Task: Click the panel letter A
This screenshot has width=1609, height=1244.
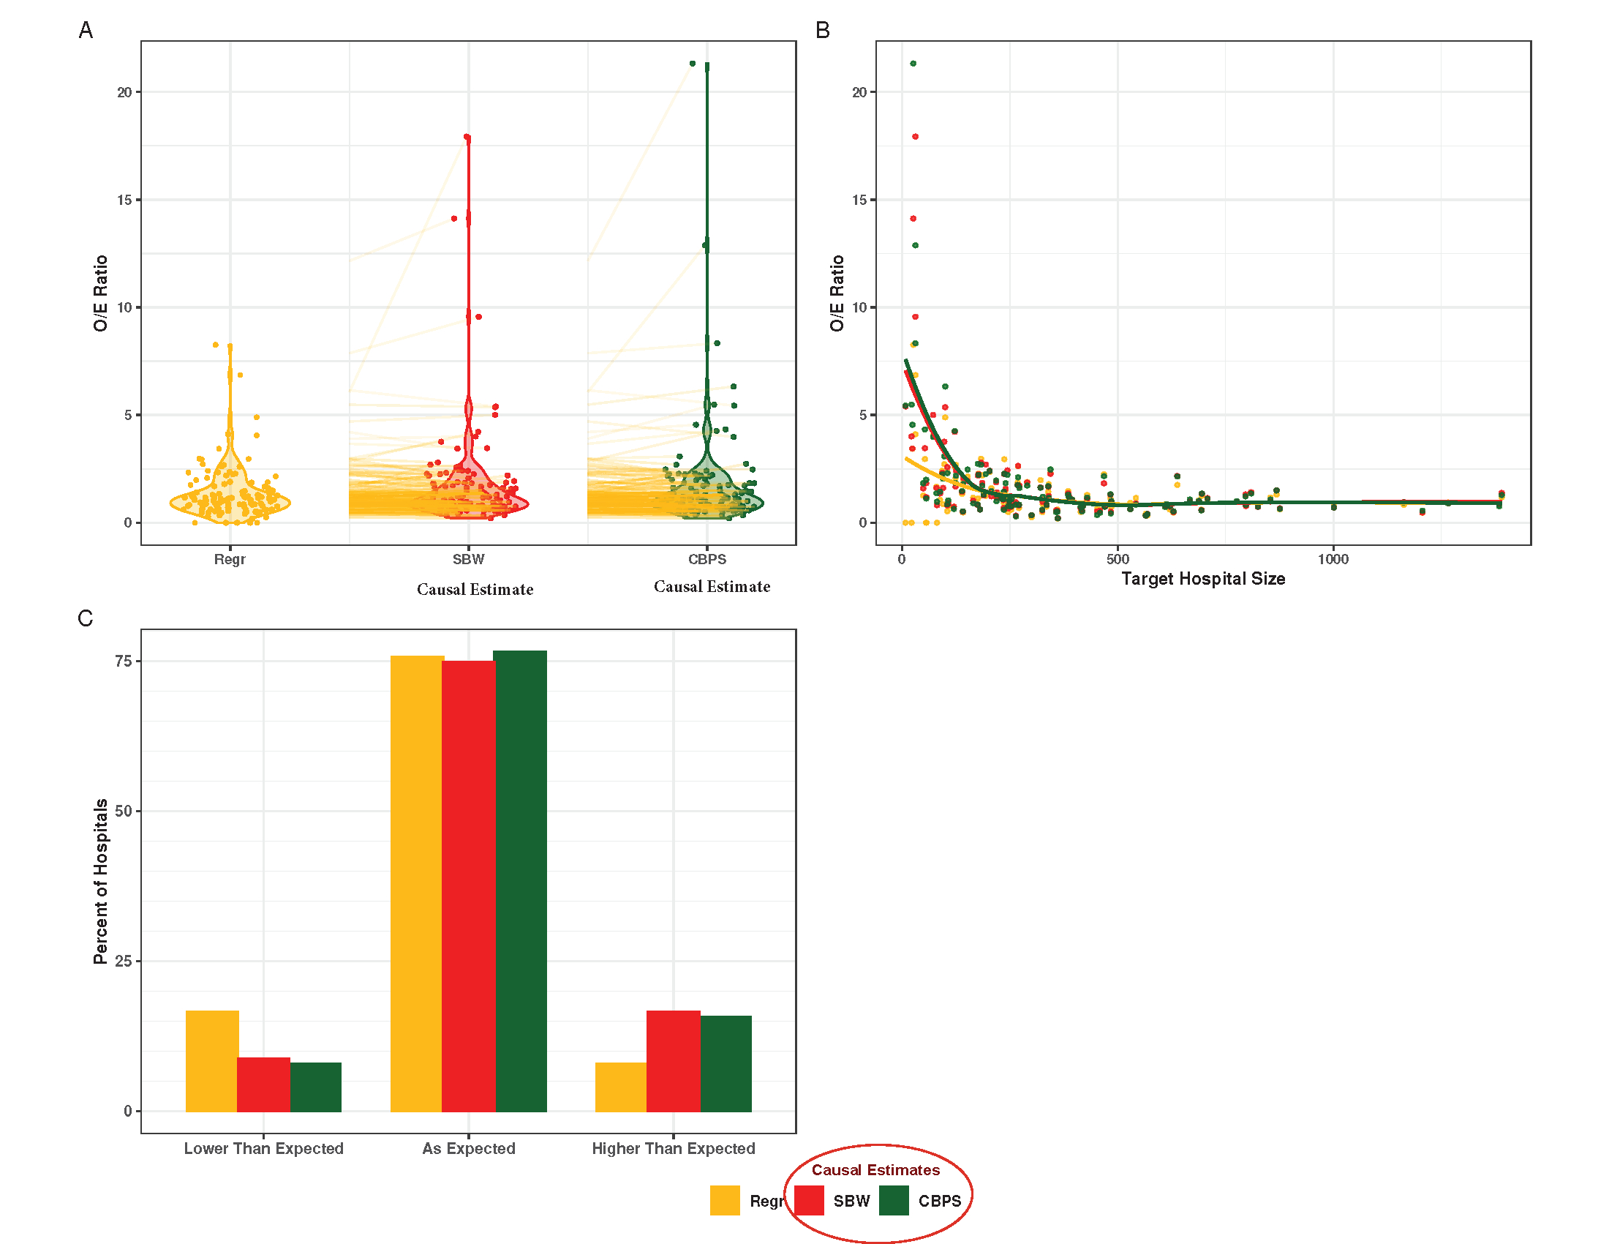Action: click(x=86, y=30)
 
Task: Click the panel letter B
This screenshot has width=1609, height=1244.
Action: click(x=823, y=30)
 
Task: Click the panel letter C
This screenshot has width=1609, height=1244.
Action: click(x=86, y=618)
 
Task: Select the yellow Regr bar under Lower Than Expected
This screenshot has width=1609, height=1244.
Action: click(x=212, y=1060)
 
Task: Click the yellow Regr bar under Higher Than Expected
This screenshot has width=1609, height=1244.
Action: click(x=620, y=1086)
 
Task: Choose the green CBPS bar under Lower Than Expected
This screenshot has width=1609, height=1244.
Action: click(x=315, y=1086)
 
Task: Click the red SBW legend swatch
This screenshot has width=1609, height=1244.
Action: click(x=809, y=1200)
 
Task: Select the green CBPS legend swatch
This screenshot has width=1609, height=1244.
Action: click(x=894, y=1200)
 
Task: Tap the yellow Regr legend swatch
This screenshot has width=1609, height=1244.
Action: click(x=725, y=1200)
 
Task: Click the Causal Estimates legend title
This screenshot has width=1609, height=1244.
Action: click(x=875, y=1169)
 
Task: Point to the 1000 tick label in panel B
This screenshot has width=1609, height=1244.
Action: click(x=1333, y=559)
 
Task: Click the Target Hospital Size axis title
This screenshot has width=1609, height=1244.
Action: click(x=1203, y=580)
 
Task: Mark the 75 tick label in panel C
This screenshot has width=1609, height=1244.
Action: click(x=123, y=661)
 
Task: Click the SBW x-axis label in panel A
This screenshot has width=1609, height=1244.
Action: click(x=469, y=559)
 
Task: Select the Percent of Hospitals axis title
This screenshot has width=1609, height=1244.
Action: click(x=101, y=882)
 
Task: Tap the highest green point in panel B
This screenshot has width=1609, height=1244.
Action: click(x=913, y=64)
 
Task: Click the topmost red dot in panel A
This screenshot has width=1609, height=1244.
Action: click(x=467, y=137)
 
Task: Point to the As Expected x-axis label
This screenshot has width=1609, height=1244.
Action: click(x=469, y=1148)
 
